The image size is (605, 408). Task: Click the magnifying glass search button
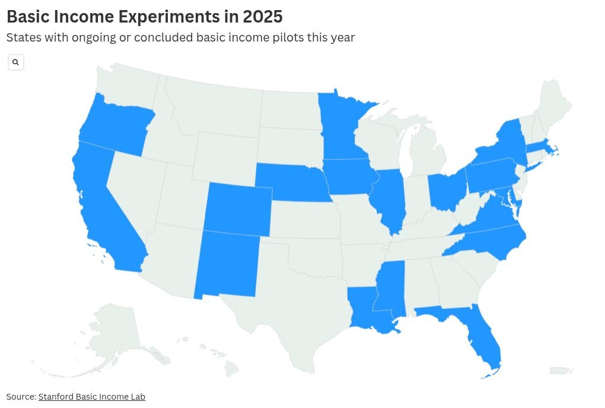pos(16,62)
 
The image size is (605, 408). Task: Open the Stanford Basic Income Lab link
pos(91,397)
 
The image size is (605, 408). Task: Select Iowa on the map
pos(350,176)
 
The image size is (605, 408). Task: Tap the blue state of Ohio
pos(445,190)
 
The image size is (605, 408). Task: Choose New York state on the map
pos(504,145)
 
